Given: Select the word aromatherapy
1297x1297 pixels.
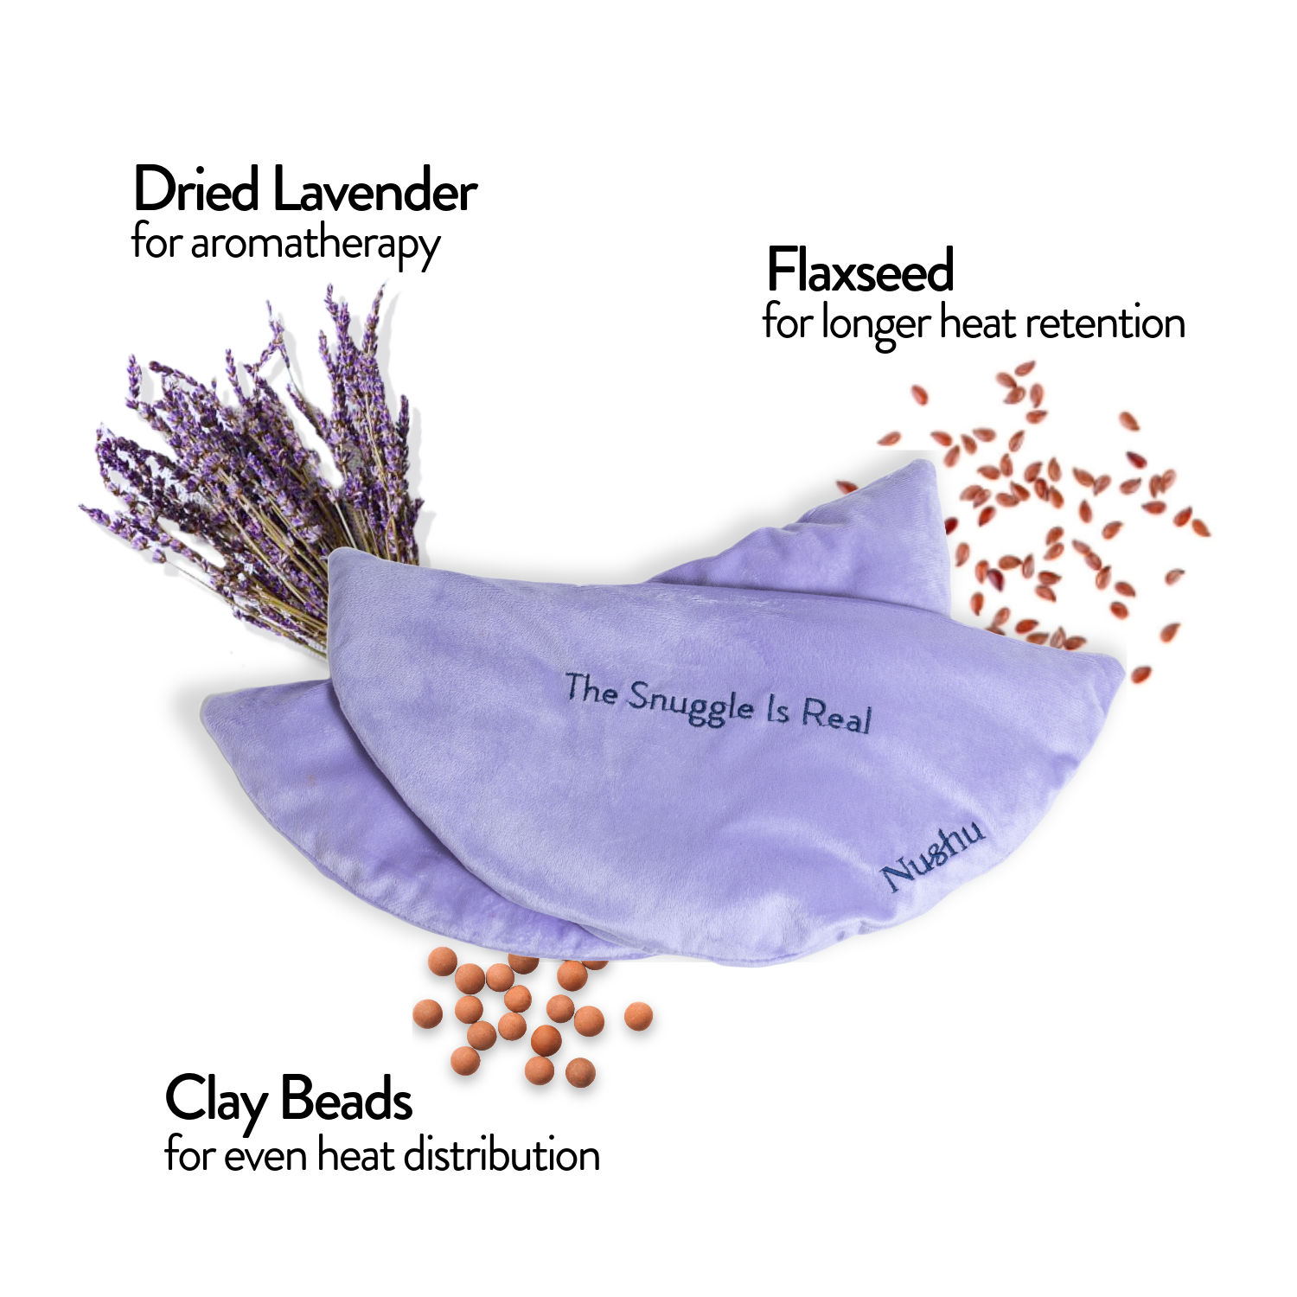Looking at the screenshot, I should click(x=315, y=245).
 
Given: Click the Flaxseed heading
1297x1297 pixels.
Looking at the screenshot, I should click(x=860, y=271).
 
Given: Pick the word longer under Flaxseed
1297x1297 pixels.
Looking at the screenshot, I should click(x=875, y=325).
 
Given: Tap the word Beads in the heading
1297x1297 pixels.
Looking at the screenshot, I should click(x=347, y=1100).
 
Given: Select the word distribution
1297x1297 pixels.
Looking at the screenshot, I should click(x=502, y=1155).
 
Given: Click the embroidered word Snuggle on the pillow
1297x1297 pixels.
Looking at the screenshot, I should click(x=690, y=702).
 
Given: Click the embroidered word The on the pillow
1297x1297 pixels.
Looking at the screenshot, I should click(x=591, y=689).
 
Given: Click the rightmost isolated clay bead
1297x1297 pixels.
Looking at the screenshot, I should click(x=638, y=1016).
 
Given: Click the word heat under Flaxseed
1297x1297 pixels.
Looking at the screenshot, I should click(x=979, y=323).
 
